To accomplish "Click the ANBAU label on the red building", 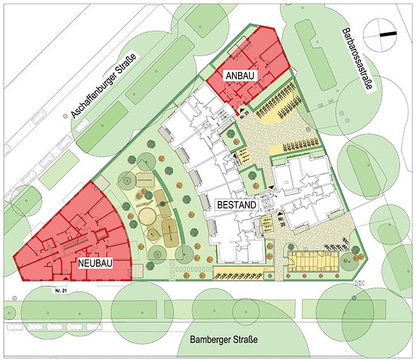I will coord(241,75).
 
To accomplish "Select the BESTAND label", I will coord(236,205).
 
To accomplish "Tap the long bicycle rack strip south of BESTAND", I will coord(240,273).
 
